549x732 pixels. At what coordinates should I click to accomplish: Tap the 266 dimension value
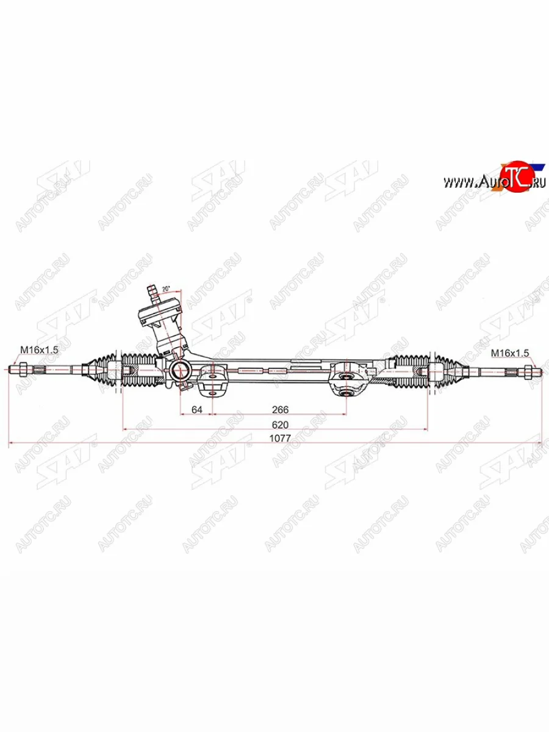280,409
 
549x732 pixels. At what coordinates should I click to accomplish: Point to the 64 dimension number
196,409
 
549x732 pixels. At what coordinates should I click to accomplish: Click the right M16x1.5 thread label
510,352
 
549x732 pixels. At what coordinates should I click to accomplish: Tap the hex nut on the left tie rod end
19,368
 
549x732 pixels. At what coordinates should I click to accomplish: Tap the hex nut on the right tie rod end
528,369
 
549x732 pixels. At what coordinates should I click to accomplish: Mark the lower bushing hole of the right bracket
348,392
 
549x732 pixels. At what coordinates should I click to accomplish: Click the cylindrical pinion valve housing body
163,323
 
